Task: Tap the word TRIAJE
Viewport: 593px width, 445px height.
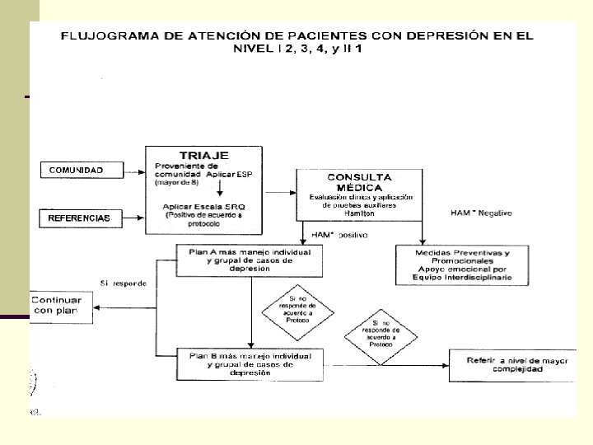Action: (204, 155)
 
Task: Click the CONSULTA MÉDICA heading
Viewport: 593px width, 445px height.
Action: (359, 182)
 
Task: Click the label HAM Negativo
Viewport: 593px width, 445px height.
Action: (481, 213)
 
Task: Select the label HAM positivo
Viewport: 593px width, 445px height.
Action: (343, 235)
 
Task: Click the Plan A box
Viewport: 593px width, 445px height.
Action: (250, 260)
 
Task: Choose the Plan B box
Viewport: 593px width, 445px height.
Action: (250, 363)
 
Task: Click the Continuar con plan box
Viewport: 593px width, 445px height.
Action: (59, 306)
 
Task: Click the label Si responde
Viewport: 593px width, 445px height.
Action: (124, 283)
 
